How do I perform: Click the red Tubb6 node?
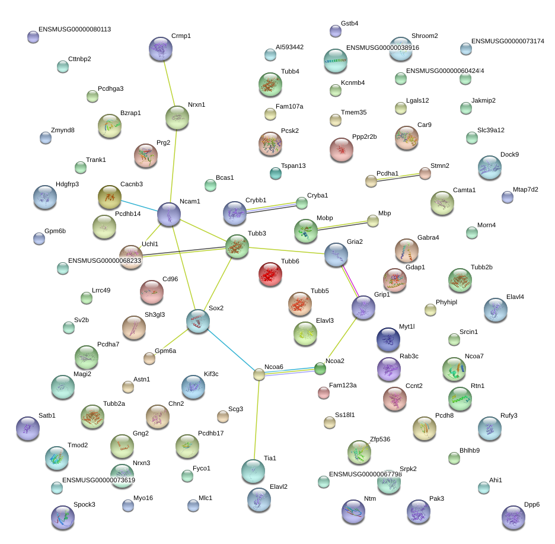[x=270, y=274]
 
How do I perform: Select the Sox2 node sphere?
[x=198, y=320]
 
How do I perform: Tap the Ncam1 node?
[x=169, y=214]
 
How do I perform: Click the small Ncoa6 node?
[x=259, y=374]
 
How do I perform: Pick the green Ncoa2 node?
[x=320, y=369]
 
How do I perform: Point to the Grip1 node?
[x=363, y=307]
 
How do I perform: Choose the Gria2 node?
[x=336, y=254]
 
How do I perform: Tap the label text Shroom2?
[x=425, y=36]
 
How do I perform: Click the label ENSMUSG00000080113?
[x=74, y=29]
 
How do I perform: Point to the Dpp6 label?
[x=532, y=505]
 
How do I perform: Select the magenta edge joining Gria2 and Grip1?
[x=350, y=281]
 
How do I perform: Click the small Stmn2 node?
[x=425, y=173]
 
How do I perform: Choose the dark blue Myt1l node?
[x=388, y=339]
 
